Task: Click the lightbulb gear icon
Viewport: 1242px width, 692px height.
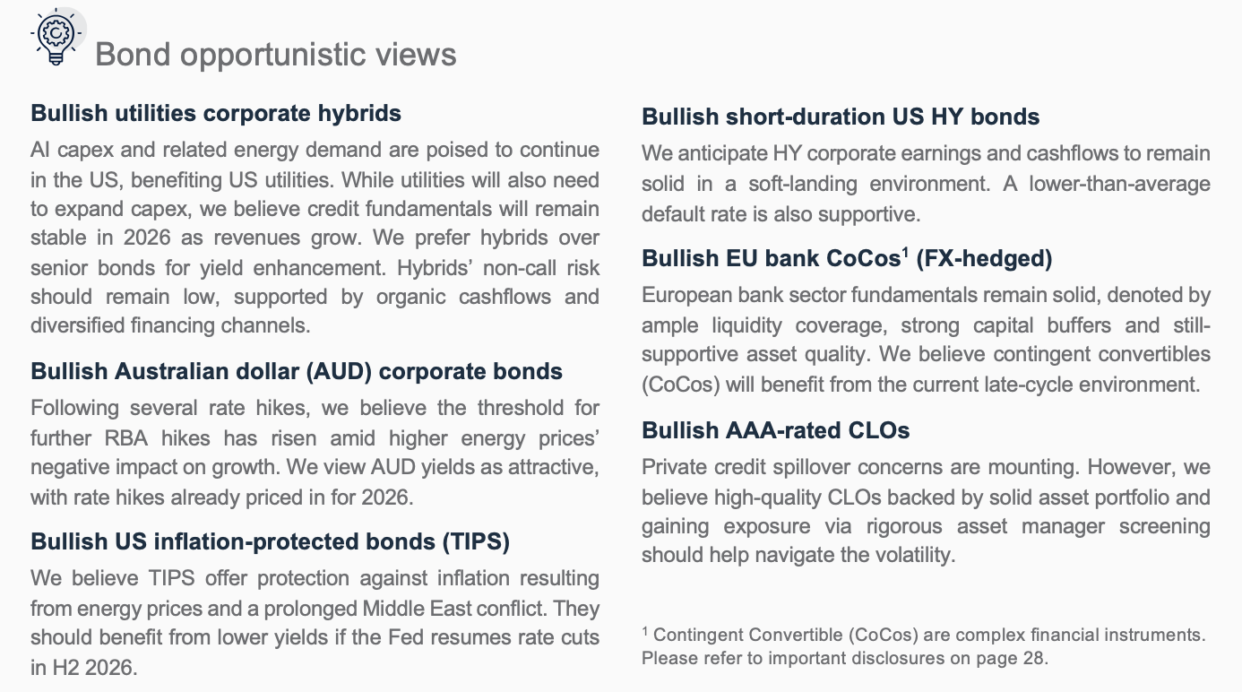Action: pyautogui.click(x=56, y=37)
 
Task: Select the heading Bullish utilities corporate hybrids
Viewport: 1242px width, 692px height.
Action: pyautogui.click(x=216, y=114)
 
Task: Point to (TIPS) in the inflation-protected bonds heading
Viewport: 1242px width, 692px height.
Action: pyautogui.click(x=476, y=541)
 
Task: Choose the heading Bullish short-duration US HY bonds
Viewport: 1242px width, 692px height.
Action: pyautogui.click(x=841, y=117)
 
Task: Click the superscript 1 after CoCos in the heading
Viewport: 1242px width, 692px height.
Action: pyautogui.click(x=905, y=252)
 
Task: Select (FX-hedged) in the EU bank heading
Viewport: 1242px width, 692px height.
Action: pyautogui.click(x=984, y=258)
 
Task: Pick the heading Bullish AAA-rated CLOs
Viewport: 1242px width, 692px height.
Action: pyautogui.click(x=776, y=431)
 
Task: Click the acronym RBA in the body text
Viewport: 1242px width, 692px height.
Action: pyautogui.click(x=125, y=438)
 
